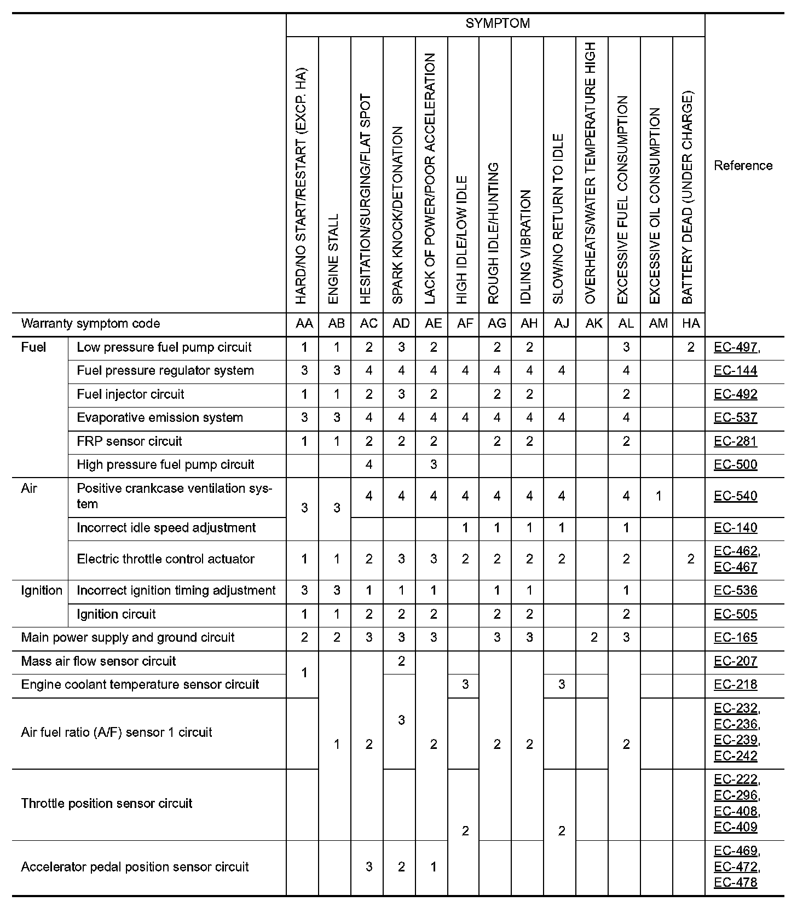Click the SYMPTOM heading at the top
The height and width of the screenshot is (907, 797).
point(498,24)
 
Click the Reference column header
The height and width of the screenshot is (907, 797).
point(743,166)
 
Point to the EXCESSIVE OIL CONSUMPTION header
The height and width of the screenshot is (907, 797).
point(655,206)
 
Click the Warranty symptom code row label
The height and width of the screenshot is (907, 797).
point(90,324)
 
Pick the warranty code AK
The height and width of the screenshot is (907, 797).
point(593,324)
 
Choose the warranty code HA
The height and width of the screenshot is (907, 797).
point(690,324)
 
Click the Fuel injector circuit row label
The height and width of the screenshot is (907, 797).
point(130,394)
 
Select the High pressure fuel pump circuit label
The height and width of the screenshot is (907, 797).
point(165,465)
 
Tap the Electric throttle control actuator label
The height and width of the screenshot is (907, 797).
point(165,559)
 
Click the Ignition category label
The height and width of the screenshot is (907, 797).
point(42,591)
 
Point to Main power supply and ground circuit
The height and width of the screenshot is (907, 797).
point(128,638)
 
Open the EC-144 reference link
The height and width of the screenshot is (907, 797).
point(735,371)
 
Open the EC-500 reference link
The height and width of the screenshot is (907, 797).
point(735,465)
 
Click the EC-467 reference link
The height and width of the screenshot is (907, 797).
point(735,567)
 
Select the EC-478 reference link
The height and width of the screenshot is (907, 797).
point(735,882)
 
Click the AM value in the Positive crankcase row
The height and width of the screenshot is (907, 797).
point(658,496)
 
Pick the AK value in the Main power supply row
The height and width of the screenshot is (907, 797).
point(593,638)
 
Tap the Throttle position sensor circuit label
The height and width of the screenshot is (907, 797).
point(107,804)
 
